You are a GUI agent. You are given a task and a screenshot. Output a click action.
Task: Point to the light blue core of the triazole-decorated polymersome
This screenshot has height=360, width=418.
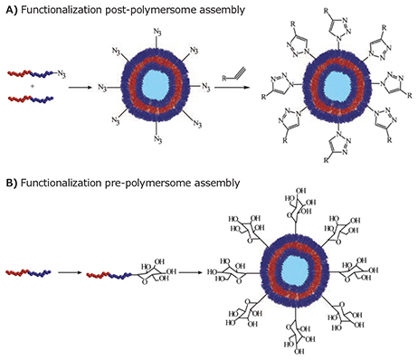337,87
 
